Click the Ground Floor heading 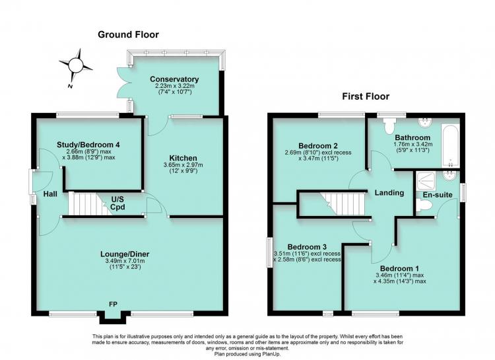coord(128,34)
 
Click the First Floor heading coord(366,96)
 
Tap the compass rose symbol coord(76,65)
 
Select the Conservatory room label coord(174,79)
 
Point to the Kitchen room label coord(183,158)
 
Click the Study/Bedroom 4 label coord(88,145)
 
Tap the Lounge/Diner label coord(125,254)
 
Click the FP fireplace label coord(113,305)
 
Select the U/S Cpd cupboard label coord(117,203)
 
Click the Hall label coord(50,194)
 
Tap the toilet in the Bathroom coord(388,126)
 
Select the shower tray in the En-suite coord(426,182)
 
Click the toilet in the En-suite coord(423,206)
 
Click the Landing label coord(389,192)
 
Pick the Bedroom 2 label coord(318,146)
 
